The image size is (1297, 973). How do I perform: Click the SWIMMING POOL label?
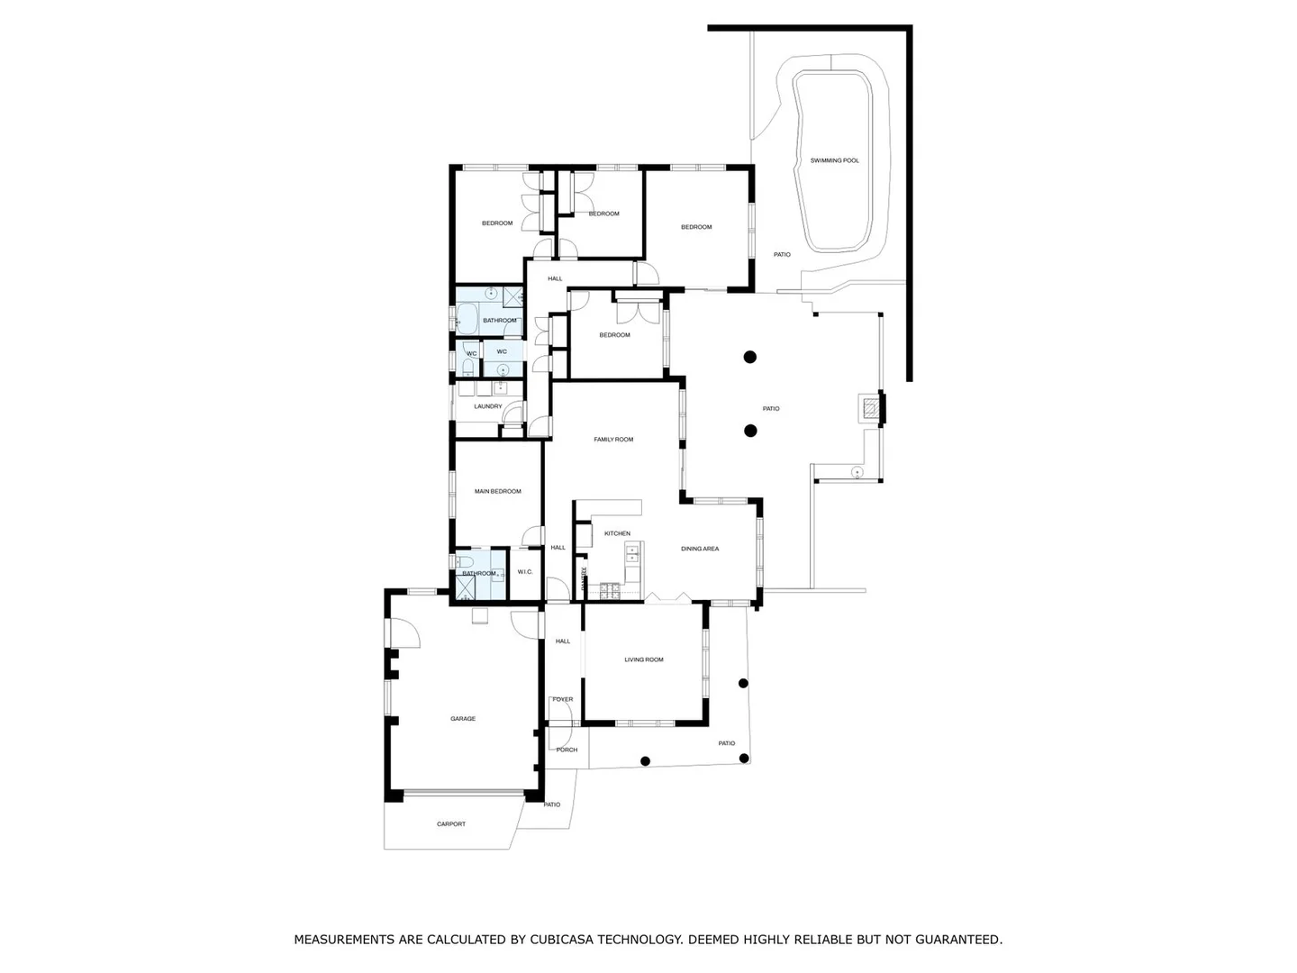(x=834, y=160)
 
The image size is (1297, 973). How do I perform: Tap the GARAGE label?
(x=463, y=719)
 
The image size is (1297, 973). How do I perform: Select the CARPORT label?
(x=451, y=824)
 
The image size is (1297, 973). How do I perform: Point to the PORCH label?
(x=567, y=750)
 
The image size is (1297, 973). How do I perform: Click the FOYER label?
(x=563, y=699)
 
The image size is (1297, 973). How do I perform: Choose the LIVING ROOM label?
(x=644, y=659)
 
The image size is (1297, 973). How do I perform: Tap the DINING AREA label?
(x=700, y=549)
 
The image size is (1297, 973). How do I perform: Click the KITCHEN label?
(x=617, y=533)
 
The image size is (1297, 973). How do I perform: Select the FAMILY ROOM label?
(x=613, y=440)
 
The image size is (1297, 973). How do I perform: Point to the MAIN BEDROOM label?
(x=498, y=491)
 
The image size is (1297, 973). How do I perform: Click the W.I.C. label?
(x=525, y=572)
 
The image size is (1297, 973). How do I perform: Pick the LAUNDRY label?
(x=488, y=406)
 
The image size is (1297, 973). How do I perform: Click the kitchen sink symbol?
(x=631, y=551)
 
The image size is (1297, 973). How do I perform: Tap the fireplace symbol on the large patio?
(x=869, y=409)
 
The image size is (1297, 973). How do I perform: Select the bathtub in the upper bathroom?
(x=467, y=317)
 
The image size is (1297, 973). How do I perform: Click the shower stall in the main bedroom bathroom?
(x=466, y=587)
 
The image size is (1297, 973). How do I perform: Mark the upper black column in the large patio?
(x=749, y=357)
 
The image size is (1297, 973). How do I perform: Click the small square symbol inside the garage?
(x=479, y=616)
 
